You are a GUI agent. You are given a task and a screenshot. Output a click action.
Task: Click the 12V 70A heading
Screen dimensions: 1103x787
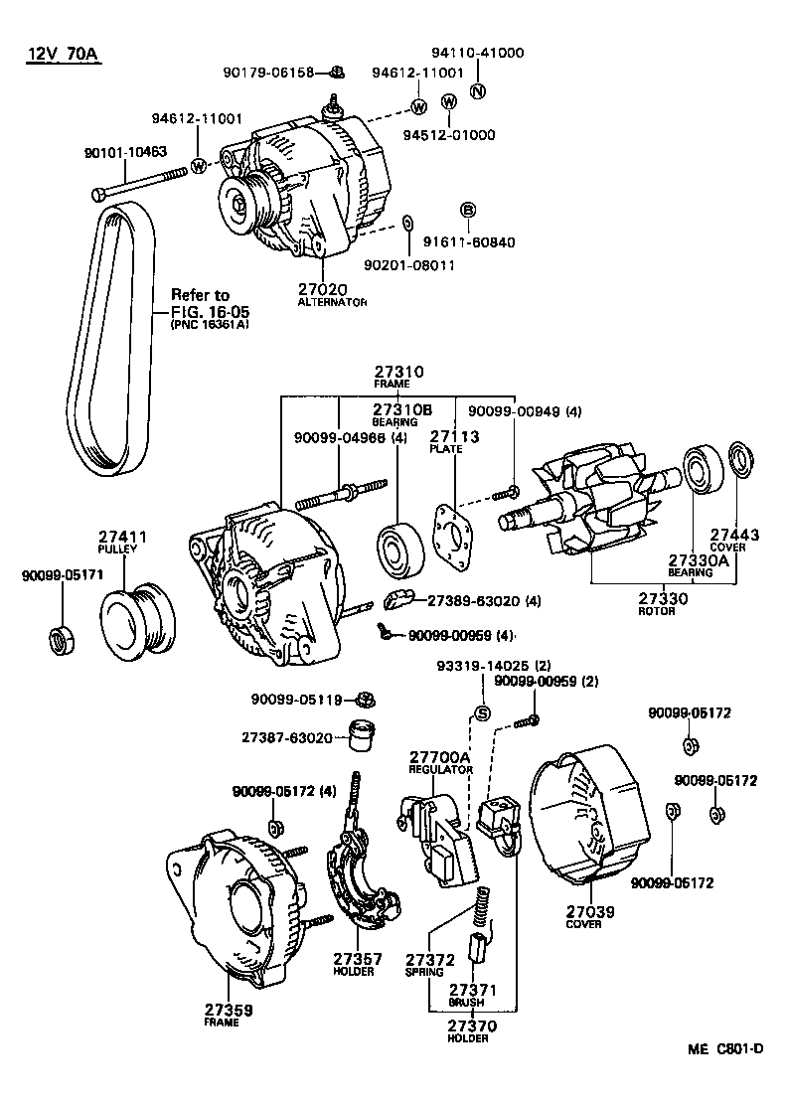pos(62,55)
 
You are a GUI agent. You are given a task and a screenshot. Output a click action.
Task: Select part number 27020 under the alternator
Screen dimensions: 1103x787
pos(322,289)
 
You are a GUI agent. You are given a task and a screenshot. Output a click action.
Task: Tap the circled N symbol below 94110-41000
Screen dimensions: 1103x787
pos(476,92)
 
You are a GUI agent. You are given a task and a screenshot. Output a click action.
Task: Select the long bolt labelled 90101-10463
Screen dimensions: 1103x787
pos(138,183)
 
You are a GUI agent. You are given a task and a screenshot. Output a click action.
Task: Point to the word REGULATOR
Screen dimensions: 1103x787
pos(438,769)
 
